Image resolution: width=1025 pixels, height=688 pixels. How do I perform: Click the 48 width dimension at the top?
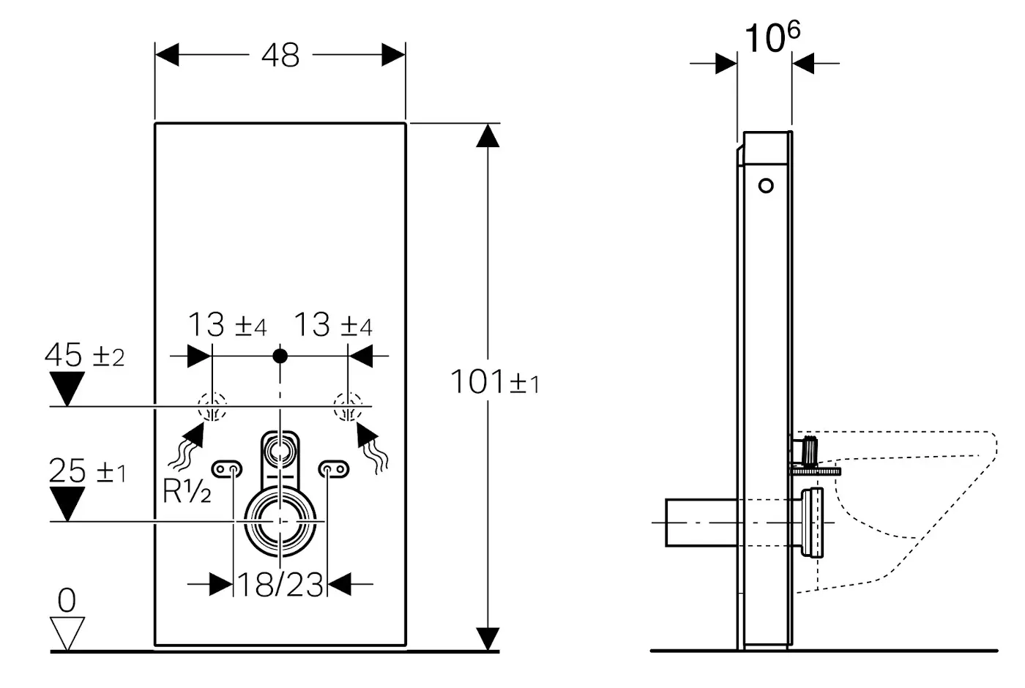pyautogui.click(x=280, y=55)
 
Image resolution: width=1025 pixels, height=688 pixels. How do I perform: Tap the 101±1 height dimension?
pyautogui.click(x=494, y=382)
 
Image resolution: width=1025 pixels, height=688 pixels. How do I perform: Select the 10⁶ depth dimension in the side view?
pyautogui.click(x=772, y=38)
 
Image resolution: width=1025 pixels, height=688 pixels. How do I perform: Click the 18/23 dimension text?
pyautogui.click(x=280, y=585)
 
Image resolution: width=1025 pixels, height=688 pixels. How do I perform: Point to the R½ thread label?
pyautogui.click(x=187, y=493)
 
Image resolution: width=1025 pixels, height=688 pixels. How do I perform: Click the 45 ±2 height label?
pyautogui.click(x=84, y=356)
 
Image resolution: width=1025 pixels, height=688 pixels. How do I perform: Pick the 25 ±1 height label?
pyautogui.click(x=87, y=472)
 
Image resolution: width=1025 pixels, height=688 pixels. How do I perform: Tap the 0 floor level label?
pyautogui.click(x=66, y=601)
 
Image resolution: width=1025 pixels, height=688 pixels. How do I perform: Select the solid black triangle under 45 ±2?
pyautogui.click(x=67, y=389)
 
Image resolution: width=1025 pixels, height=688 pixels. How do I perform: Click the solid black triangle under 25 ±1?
pyautogui.click(x=67, y=504)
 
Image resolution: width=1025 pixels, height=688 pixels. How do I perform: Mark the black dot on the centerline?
pyautogui.click(x=280, y=356)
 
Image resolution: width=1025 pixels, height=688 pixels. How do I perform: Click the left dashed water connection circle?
pyautogui.click(x=211, y=406)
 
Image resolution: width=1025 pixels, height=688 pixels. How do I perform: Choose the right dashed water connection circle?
pyautogui.click(x=348, y=406)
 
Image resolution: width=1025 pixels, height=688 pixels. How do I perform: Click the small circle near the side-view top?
pyautogui.click(x=766, y=185)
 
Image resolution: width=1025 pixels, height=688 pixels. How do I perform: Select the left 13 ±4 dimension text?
pyautogui.click(x=227, y=326)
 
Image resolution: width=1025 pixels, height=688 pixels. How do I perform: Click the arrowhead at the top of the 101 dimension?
pyautogui.click(x=488, y=135)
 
